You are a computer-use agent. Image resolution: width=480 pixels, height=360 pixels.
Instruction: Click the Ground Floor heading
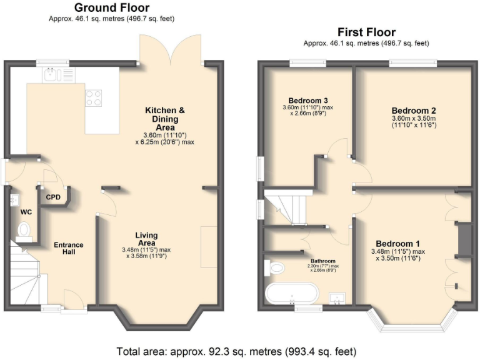coord(112,8)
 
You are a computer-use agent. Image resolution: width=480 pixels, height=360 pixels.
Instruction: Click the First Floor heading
coord(366,32)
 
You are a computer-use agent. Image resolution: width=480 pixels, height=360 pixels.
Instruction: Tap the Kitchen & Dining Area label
coord(165,119)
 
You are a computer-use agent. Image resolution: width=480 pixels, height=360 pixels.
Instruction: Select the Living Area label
coord(146,239)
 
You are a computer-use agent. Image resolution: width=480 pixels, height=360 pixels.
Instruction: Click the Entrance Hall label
coord(68,248)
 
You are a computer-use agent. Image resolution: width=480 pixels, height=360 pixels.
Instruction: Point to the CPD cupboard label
coord(54,197)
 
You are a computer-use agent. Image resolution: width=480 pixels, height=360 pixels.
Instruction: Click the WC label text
coord(26,212)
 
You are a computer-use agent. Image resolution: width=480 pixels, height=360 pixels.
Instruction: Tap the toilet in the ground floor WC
coord(24,232)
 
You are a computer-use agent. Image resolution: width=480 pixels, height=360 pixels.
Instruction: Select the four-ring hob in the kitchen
coord(93,97)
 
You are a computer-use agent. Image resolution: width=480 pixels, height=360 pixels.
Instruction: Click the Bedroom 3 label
coord(308,101)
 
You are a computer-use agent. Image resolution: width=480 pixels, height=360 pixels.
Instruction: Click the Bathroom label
coord(323,261)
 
